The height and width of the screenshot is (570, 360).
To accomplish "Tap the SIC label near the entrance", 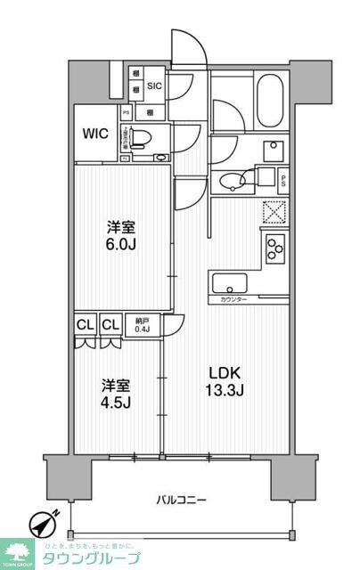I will pyautogui.click(x=154, y=85).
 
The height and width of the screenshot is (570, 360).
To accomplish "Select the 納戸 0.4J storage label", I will pyautogui.click(x=143, y=327).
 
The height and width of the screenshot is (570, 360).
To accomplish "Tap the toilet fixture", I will pyautogui.click(x=151, y=137).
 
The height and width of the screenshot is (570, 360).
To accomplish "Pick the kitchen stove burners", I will pyautogui.click(x=274, y=246).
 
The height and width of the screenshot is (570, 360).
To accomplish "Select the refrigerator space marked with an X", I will pyautogui.click(x=273, y=212).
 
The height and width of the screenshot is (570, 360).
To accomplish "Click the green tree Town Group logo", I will pyautogui.click(x=19, y=552).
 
